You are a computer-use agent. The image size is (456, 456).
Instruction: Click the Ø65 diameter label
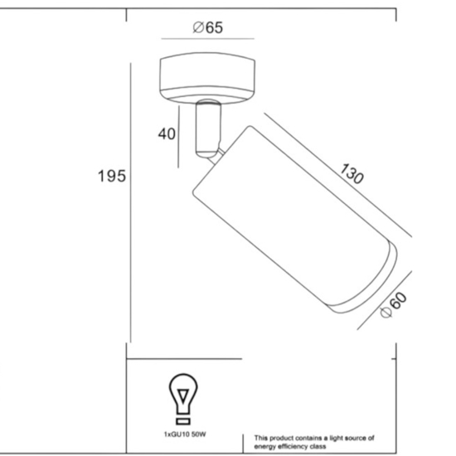(x=207, y=27)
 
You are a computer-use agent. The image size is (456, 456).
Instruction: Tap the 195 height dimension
(x=112, y=176)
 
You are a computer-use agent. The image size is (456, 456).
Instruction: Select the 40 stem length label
(x=167, y=133)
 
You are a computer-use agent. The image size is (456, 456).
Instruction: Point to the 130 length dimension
(x=352, y=173)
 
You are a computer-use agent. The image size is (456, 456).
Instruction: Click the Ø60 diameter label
(x=394, y=305)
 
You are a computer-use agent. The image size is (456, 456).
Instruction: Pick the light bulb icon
(x=183, y=399)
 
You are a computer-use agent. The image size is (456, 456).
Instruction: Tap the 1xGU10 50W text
(x=185, y=434)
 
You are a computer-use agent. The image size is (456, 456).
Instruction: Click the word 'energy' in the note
(x=264, y=446)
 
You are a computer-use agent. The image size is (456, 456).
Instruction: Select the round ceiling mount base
(x=207, y=78)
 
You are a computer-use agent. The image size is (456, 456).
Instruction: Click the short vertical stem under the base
(x=208, y=129)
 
